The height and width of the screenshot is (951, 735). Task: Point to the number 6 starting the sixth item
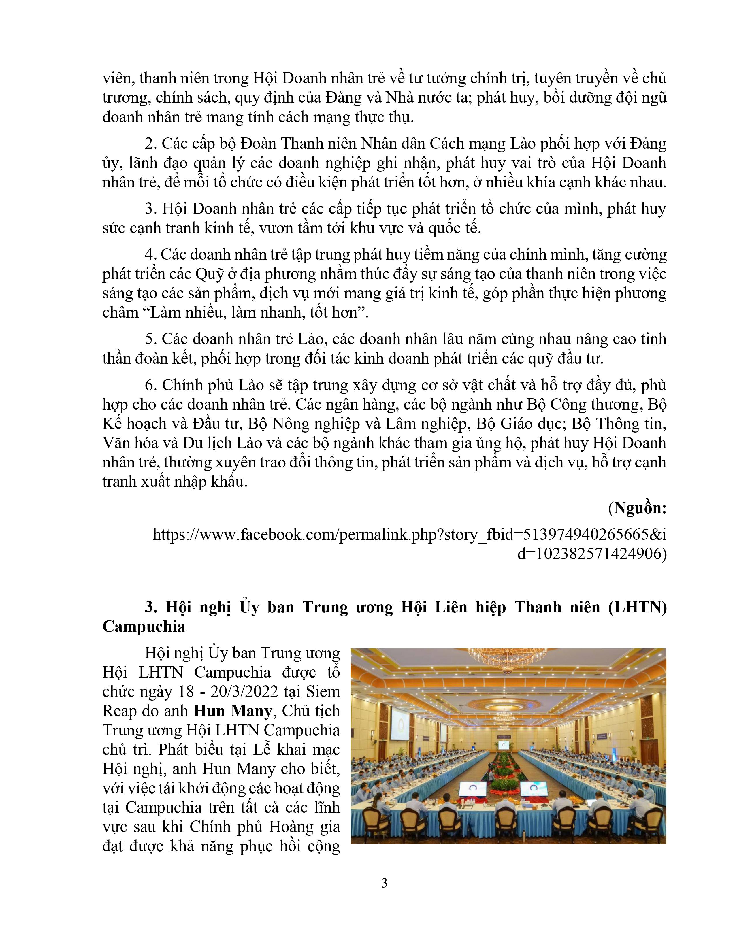pyautogui.click(x=150, y=385)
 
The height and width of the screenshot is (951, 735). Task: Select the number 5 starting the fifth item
pyautogui.click(x=150, y=339)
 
